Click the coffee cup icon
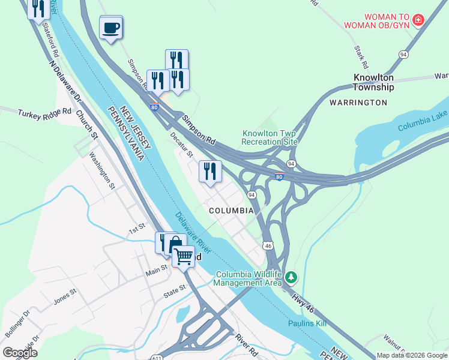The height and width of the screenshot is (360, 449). click(111, 27)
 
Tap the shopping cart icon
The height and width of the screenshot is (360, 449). click(184, 257)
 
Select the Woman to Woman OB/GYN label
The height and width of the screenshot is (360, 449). click(378, 20)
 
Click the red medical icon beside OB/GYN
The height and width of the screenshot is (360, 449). click(418, 20)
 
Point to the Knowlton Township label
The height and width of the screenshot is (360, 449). click(373, 82)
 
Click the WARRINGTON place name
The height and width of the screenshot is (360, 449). click(358, 103)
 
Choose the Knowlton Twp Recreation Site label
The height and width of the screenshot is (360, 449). click(270, 137)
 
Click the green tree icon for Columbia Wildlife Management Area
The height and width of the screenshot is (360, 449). click(291, 277)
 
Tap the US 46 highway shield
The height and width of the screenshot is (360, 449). click(268, 245)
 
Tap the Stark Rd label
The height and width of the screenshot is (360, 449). click(361, 56)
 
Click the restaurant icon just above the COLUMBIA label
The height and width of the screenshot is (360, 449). click(210, 172)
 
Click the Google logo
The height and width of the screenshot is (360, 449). click(20, 352)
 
